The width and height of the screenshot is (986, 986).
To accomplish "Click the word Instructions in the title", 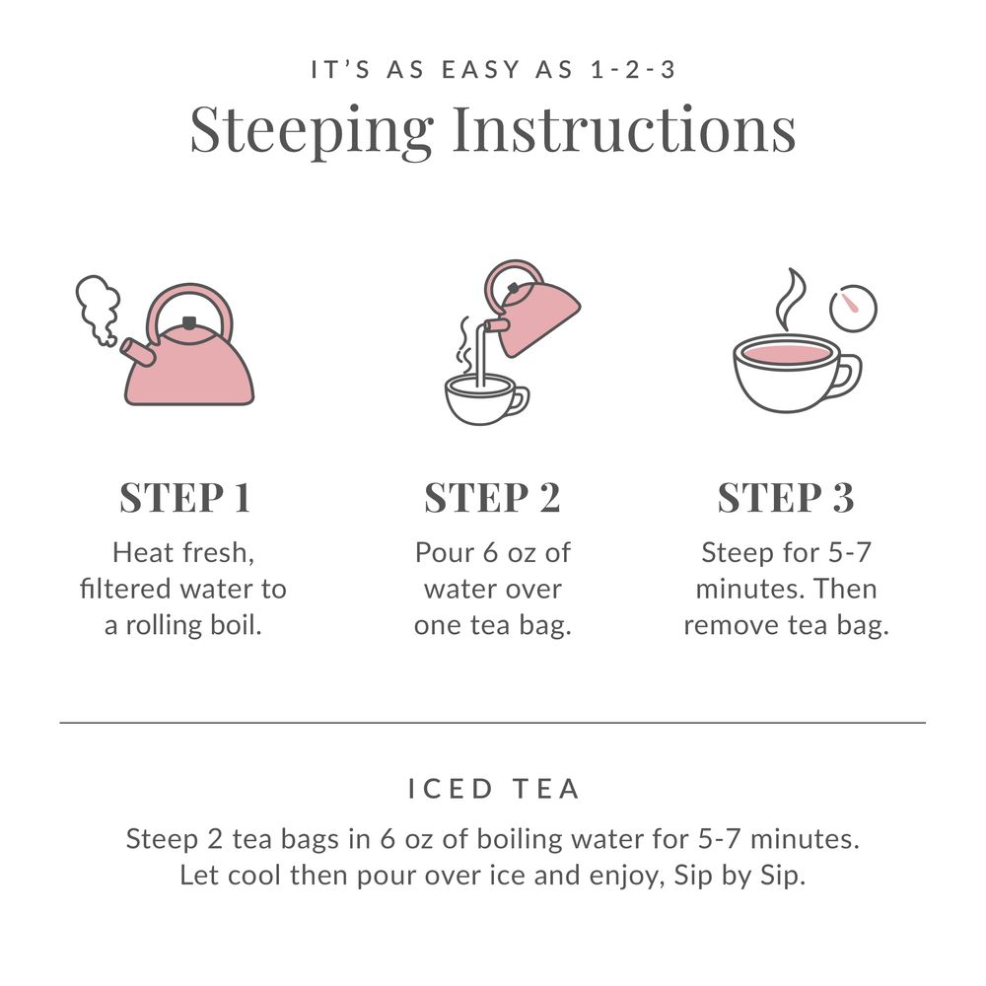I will coord(623,128).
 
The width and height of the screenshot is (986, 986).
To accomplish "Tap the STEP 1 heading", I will coord(184,498).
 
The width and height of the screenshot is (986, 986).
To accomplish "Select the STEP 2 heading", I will coord(492,498).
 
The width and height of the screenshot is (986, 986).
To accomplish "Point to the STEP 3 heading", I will coord(785,498).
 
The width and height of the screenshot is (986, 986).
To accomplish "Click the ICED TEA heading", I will coord(493,789).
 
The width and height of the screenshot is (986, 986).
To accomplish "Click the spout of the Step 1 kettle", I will coord(138,351).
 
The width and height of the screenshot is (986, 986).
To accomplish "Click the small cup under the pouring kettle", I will coord(480,399).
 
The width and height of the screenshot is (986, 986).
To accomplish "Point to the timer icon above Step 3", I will coord(853,308).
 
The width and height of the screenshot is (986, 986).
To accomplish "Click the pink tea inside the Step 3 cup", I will coord(785,353).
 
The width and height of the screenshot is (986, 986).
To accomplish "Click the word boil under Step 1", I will coord(239,626).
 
